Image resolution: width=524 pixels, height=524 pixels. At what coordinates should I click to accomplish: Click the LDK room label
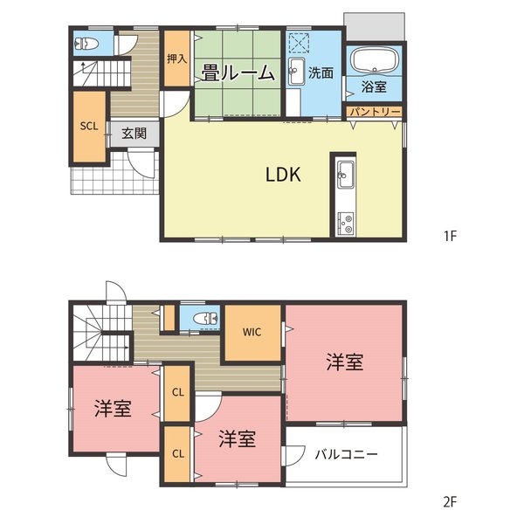tap(283, 175)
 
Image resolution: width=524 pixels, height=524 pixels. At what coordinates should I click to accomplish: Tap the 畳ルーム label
tap(238, 73)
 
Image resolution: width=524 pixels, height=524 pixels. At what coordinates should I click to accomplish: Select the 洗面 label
tap(321, 73)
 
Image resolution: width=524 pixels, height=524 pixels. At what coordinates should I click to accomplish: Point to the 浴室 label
tap(374, 86)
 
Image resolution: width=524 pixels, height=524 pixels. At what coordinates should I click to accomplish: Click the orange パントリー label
tap(375, 112)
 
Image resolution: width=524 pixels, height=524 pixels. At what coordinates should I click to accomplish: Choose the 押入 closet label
tap(176, 59)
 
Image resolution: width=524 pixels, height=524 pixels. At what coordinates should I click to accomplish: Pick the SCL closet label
tap(88, 126)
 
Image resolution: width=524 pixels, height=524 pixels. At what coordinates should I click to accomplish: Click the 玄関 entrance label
tap(134, 134)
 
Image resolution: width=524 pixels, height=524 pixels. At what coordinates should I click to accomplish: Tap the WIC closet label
tap(252, 332)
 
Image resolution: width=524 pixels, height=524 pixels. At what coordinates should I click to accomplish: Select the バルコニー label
tap(346, 455)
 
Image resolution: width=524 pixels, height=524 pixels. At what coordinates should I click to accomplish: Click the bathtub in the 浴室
tap(374, 61)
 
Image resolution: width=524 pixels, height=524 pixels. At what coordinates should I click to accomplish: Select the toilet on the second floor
tap(203, 319)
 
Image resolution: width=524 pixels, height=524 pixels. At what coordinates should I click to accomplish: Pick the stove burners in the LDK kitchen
tap(343, 222)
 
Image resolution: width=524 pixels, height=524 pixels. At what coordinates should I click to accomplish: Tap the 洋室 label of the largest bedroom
tap(346, 362)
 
